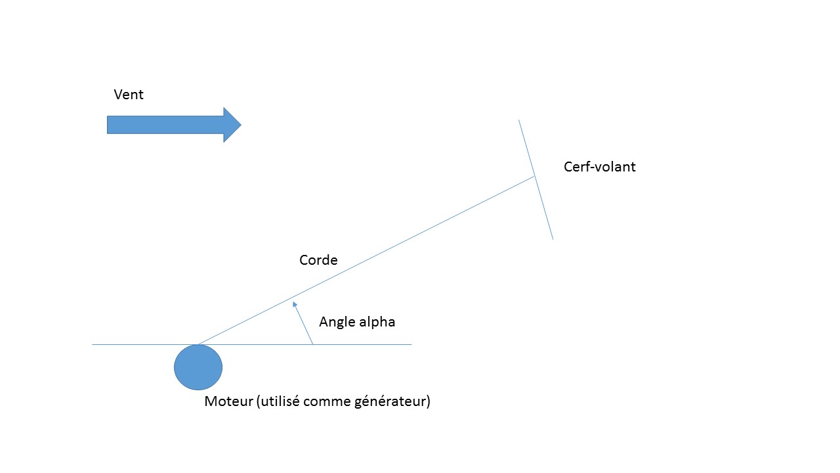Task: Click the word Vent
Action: (129, 95)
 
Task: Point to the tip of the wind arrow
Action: (240, 125)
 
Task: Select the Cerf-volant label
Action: (599, 167)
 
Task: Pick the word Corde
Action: (318, 260)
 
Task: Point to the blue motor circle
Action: (198, 367)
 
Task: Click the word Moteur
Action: (228, 401)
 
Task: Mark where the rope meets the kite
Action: (535, 176)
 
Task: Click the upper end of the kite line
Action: (519, 120)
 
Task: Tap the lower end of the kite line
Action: (553, 239)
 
